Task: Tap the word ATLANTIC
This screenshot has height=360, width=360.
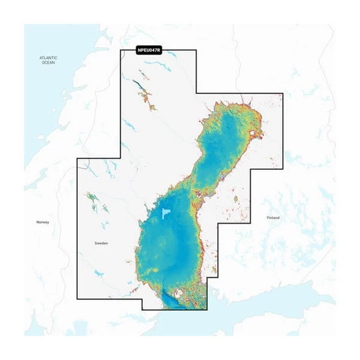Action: pos(49,58)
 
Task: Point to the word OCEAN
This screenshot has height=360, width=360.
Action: pos(49,63)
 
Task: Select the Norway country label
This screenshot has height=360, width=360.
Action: pos(42,222)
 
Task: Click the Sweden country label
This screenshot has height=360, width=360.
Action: pos(101,243)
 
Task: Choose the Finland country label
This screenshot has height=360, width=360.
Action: pos(273,217)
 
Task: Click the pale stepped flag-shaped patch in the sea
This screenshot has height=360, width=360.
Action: pos(166,213)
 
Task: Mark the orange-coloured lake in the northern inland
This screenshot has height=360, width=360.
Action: pos(148,98)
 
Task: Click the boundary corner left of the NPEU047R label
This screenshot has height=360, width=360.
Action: pos(121,50)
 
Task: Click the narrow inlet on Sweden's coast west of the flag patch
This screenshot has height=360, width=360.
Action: pos(148,208)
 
